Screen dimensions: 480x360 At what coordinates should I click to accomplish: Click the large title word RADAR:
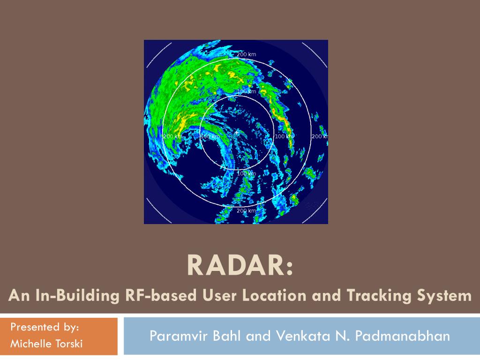(240, 265)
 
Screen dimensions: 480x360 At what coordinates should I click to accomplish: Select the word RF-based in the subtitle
(161, 295)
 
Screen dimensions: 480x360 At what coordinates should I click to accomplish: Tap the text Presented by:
(45, 327)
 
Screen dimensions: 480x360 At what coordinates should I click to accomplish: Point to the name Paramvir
(179, 336)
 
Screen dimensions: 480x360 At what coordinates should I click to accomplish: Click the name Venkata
(303, 336)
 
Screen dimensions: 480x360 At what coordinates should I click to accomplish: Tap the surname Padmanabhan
(403, 336)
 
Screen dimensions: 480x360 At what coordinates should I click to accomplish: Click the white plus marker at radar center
(237, 133)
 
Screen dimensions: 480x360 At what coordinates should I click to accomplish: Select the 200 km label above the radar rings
(247, 54)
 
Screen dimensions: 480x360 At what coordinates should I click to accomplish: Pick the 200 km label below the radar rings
(247, 210)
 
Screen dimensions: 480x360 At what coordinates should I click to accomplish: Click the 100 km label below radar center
(247, 173)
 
